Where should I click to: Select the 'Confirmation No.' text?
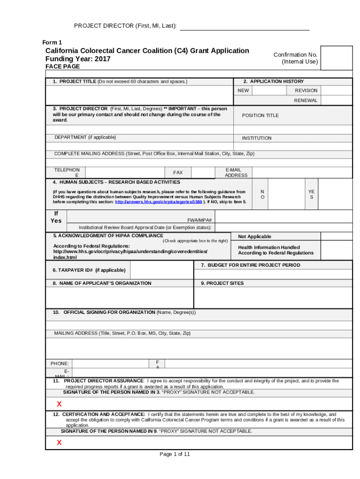[295, 55]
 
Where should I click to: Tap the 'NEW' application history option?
[243, 90]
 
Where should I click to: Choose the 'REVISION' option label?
[306, 90]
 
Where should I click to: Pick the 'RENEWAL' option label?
[305, 101]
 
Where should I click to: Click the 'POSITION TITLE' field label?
[260, 116]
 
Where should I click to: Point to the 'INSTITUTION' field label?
[256, 138]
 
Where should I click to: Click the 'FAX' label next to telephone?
[178, 173]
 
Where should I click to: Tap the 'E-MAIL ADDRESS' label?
[236, 172]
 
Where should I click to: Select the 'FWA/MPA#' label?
[200, 220]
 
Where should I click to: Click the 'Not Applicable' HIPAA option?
[254, 237]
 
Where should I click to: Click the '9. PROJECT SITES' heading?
[222, 283]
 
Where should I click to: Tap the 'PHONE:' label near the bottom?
[59, 363]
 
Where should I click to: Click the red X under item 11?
[59, 404]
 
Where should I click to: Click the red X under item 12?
[59, 443]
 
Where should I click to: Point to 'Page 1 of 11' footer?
[174, 454]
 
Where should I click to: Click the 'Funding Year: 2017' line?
[78, 59]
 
